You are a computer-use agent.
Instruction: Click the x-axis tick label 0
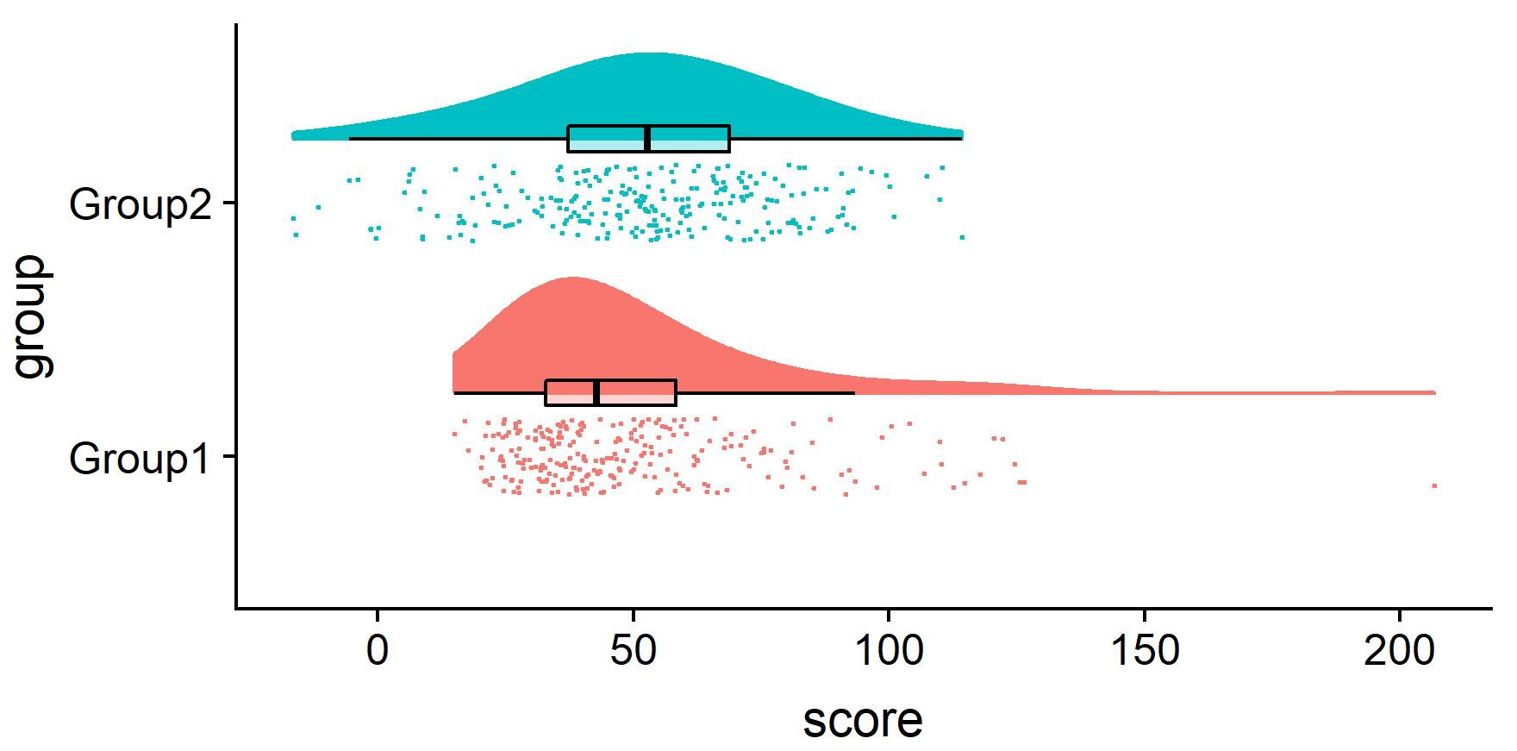coord(378,652)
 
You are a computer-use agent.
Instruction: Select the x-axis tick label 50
coord(634,652)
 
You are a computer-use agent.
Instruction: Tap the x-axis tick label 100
coord(889,652)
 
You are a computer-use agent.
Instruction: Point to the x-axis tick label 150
coord(1145,652)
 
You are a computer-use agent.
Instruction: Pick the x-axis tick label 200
coord(1400,652)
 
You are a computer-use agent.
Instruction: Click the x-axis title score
coord(862,720)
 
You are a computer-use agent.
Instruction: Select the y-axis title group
coord(33,316)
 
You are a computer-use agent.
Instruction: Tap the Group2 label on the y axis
coord(140,205)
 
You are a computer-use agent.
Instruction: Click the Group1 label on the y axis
coord(140,459)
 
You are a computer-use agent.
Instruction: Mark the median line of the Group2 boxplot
coord(647,139)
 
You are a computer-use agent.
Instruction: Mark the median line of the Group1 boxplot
coord(596,392)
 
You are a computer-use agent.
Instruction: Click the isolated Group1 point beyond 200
coord(1434,486)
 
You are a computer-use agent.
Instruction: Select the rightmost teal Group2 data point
coord(962,237)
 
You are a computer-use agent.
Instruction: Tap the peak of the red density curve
coord(571,278)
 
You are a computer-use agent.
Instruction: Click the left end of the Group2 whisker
coord(350,138)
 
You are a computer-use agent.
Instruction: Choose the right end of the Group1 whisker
coord(854,393)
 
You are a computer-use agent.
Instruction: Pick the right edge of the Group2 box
coord(729,139)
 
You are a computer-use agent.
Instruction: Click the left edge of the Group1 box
coord(546,392)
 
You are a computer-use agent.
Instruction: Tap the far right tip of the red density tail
coord(1435,392)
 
